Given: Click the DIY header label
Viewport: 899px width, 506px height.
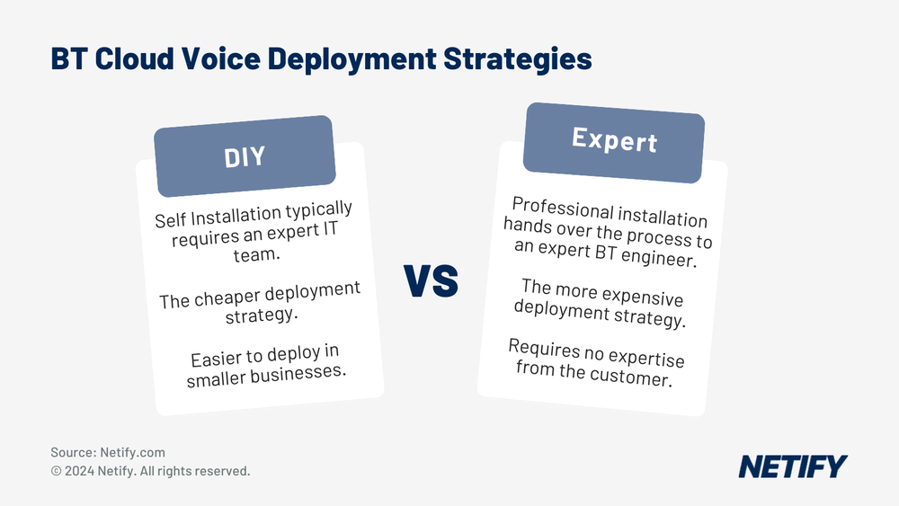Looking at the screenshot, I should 245,156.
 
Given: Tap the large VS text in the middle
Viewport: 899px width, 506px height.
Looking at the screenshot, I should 432,280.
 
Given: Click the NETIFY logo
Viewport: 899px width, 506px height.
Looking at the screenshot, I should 792,466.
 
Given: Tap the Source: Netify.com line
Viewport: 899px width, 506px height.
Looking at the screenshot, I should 108,453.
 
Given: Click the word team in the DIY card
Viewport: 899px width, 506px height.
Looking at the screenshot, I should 263,256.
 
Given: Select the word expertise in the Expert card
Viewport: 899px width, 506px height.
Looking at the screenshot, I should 645,358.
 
